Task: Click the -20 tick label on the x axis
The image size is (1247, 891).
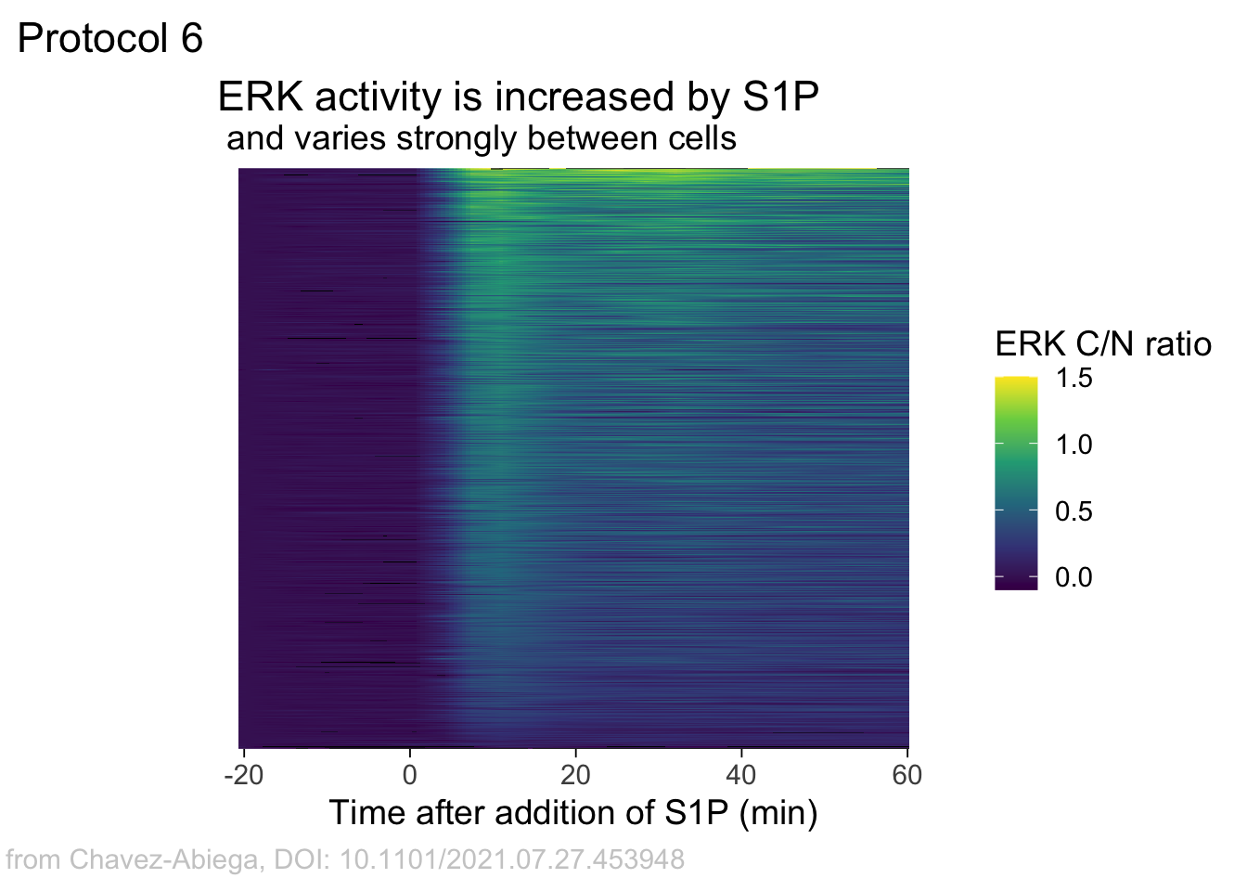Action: [244, 775]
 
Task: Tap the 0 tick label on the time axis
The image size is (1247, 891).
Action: [409, 775]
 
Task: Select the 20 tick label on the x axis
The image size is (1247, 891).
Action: [575, 775]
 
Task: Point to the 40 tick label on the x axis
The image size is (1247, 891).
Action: [741, 775]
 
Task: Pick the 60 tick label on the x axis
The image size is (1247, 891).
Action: [906, 775]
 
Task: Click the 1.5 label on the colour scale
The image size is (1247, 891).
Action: [1073, 379]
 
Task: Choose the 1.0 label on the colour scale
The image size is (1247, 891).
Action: [1073, 445]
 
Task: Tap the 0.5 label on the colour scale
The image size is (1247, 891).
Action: [1073, 511]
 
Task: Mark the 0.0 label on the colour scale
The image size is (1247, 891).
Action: [1073, 577]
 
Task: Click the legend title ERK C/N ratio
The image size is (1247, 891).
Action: [1103, 344]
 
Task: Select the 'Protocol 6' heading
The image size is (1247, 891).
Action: [110, 39]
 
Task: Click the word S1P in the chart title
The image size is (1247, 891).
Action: [780, 97]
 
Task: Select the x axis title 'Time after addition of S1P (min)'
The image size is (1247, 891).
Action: [573, 813]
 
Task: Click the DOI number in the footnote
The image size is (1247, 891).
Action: [512, 859]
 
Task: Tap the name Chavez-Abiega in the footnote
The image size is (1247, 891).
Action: [164, 859]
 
